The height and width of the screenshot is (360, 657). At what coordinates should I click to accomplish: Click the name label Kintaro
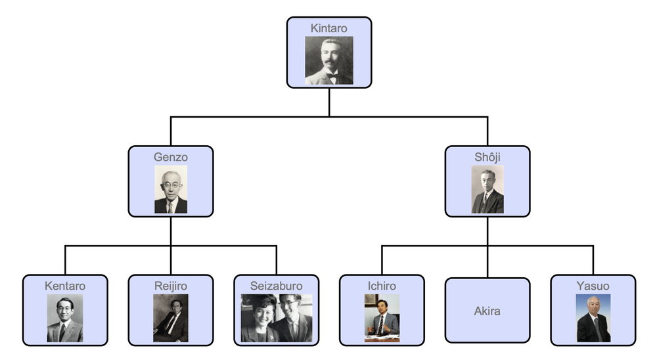click(x=328, y=28)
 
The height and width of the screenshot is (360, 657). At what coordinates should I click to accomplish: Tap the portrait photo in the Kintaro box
click(x=328, y=60)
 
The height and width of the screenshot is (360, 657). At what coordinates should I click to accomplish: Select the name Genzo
click(x=171, y=157)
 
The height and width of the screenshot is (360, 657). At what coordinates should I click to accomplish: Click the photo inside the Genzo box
click(x=171, y=189)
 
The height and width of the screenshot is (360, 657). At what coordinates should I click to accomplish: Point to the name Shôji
click(x=487, y=157)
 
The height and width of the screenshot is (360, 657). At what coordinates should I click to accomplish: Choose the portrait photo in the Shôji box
click(x=487, y=189)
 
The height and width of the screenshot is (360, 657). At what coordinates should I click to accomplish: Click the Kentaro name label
click(x=65, y=286)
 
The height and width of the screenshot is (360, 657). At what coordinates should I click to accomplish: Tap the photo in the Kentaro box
click(x=65, y=318)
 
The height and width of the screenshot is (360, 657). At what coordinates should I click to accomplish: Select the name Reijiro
click(x=171, y=286)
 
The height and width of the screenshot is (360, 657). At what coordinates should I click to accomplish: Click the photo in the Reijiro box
click(x=171, y=318)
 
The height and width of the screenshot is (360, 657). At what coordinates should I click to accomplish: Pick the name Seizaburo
click(x=276, y=286)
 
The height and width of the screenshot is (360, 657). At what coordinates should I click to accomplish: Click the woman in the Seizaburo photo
click(x=260, y=321)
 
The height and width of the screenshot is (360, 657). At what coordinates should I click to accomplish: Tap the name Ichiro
click(x=382, y=286)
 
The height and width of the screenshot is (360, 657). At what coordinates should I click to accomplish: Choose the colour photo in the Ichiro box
click(x=382, y=318)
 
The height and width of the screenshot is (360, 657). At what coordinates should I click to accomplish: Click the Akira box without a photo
click(x=487, y=311)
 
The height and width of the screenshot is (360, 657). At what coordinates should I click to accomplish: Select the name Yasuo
click(x=593, y=286)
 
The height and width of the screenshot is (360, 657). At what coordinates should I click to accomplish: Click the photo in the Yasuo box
click(x=593, y=318)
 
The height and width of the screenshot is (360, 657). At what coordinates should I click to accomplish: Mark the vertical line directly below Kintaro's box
click(x=329, y=102)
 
